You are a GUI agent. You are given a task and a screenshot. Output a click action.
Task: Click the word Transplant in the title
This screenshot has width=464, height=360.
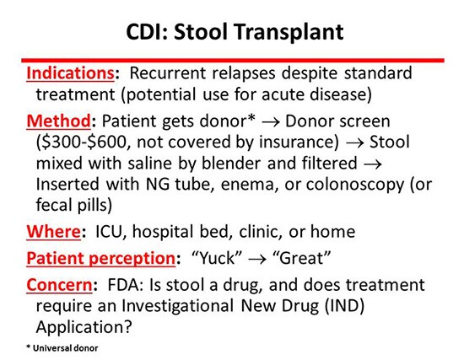click(x=289, y=32)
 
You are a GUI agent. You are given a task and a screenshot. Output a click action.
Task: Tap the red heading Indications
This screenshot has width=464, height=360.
click(x=70, y=73)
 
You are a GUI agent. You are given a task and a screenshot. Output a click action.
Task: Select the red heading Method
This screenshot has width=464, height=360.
click(x=58, y=121)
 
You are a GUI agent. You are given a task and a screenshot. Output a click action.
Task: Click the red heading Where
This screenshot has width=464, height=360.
click(x=53, y=231)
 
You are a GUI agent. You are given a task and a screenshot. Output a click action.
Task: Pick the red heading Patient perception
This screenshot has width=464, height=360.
click(x=101, y=258)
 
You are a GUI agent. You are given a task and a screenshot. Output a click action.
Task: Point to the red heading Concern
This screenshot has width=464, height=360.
click(x=59, y=285)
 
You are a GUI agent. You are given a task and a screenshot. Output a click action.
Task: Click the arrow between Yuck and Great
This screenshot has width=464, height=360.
click(x=256, y=260)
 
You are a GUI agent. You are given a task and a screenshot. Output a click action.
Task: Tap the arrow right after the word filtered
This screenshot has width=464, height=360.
click(x=373, y=164)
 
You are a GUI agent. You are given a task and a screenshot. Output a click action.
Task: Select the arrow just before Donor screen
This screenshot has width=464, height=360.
click(x=271, y=122)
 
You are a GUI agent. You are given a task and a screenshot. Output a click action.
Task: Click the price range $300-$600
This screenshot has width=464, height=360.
click(x=81, y=142)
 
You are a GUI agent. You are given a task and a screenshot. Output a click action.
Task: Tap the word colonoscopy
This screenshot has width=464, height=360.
click(x=355, y=185)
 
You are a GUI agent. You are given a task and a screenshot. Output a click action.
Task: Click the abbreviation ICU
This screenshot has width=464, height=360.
click(x=109, y=232)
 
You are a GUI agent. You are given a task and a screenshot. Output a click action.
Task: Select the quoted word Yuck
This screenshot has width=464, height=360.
click(x=217, y=258)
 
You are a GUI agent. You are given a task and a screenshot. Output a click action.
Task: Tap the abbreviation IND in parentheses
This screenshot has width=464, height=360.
click(x=345, y=306)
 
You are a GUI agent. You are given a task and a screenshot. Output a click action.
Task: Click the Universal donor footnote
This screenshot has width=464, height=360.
click(x=62, y=348)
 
